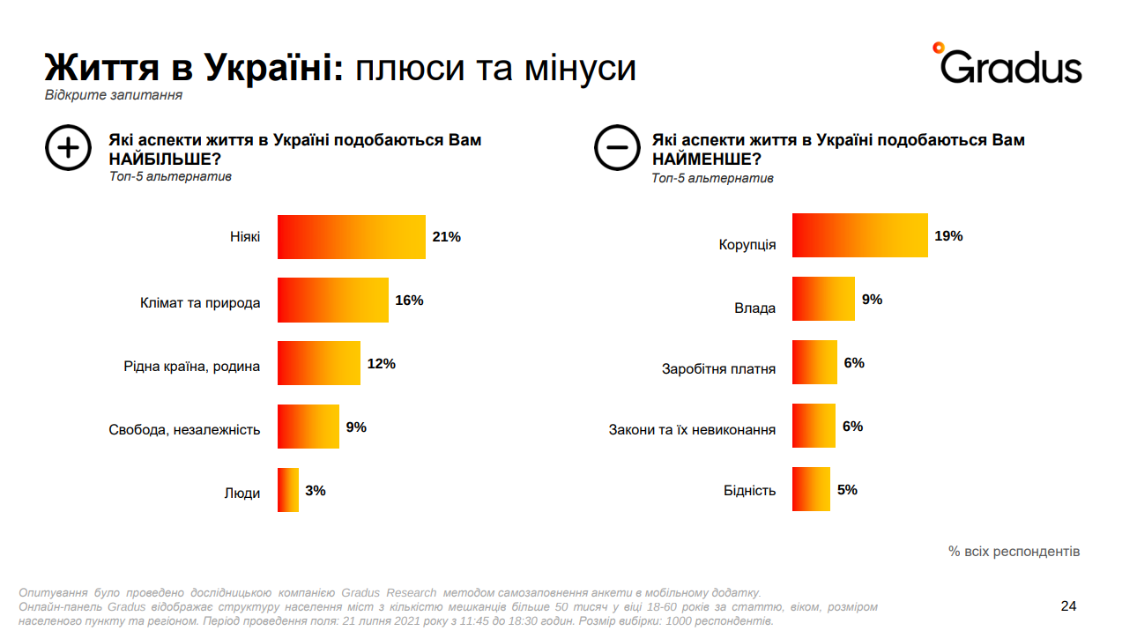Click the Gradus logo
(x=1007, y=63)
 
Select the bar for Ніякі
(x=351, y=237)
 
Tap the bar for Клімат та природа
(x=332, y=301)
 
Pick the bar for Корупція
(x=859, y=235)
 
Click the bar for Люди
(x=288, y=490)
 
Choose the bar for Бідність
(x=811, y=489)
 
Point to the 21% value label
(x=447, y=237)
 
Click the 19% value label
(x=948, y=236)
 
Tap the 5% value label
(x=847, y=490)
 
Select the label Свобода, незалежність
(x=184, y=430)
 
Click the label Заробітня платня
(x=718, y=368)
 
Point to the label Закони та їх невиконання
(x=692, y=430)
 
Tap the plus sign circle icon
(x=68, y=148)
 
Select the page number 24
(x=1068, y=606)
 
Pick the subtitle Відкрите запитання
(x=114, y=95)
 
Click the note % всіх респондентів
(x=1014, y=552)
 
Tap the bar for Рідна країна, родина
(x=318, y=363)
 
